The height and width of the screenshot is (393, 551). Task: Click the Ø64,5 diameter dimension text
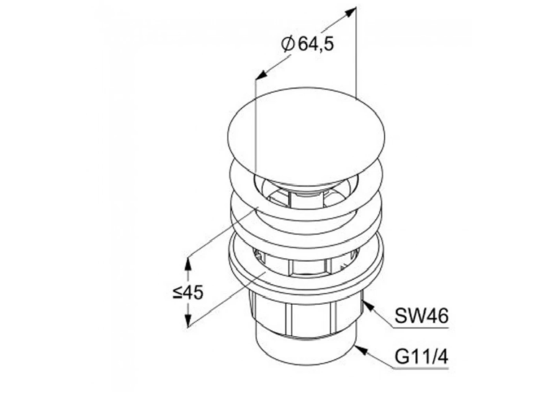click(308, 45)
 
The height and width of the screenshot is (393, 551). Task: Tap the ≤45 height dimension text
click(188, 292)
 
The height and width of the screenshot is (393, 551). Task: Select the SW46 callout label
click(421, 316)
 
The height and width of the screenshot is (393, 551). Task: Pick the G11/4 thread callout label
click(421, 357)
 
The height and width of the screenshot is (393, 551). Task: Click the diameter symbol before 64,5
click(288, 45)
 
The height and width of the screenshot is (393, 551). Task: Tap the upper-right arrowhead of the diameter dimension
click(349, 12)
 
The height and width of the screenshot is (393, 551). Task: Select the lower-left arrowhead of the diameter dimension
click(261, 74)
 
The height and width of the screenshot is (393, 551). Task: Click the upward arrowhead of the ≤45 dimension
click(188, 263)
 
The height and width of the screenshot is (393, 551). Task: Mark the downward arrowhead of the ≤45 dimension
click(188, 320)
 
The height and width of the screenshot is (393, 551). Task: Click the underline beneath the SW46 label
click(421, 328)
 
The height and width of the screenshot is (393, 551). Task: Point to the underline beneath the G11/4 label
click(421, 368)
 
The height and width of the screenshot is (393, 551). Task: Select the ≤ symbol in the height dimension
click(177, 292)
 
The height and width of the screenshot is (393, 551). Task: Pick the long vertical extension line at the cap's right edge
click(356, 52)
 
